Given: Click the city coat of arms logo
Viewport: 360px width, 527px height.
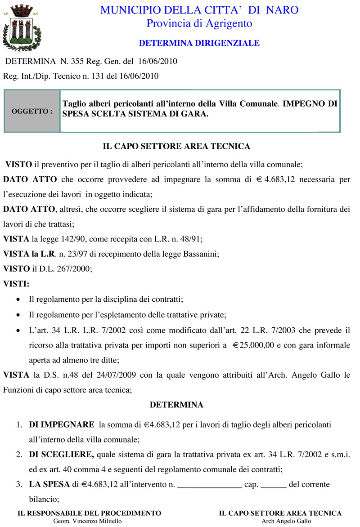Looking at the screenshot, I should pos(22,28).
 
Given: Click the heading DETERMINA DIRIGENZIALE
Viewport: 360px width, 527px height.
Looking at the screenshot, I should pos(199,43).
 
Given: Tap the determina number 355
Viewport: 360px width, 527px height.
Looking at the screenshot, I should pos(77,62).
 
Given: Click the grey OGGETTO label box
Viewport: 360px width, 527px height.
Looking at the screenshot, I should pos(32,111).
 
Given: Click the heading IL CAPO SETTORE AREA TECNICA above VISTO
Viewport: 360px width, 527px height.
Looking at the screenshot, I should pos(176,146).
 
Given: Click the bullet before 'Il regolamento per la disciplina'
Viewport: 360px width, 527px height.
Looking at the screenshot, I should pos(18,299).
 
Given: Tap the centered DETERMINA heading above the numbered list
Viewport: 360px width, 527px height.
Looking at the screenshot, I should pos(176,405).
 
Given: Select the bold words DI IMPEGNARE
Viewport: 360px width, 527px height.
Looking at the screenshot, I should pos(62,424).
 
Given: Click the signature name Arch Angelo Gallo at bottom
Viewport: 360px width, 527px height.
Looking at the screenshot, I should pos(286,522).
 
